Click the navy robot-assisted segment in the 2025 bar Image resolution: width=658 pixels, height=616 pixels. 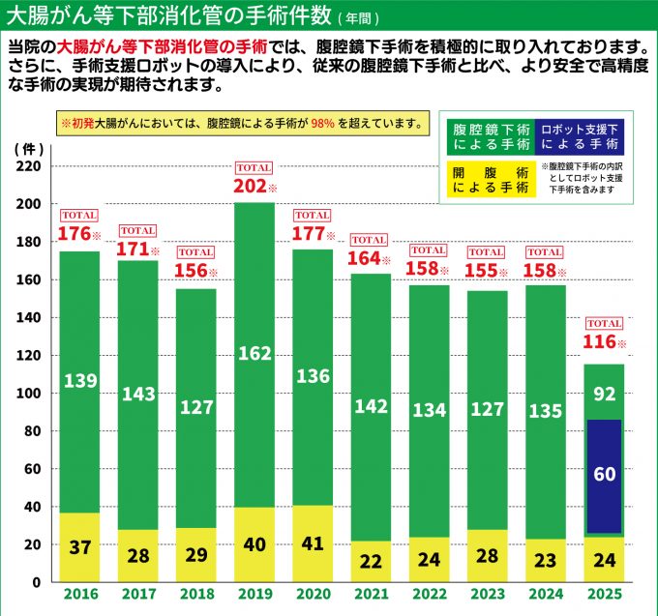click(605, 474)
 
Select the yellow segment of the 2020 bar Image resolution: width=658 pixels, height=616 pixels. click(312, 543)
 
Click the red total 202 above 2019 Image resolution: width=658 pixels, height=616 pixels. click(250, 186)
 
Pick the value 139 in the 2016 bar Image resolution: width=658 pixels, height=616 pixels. click(80, 381)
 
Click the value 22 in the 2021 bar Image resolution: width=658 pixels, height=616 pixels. click(371, 562)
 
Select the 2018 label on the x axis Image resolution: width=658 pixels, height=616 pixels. click(196, 595)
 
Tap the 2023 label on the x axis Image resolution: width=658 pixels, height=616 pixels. click(487, 595)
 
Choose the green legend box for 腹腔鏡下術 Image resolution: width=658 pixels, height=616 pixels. click(492, 136)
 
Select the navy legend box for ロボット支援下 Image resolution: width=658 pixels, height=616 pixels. click(579, 136)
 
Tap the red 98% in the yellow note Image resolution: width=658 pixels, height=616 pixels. click(323, 123)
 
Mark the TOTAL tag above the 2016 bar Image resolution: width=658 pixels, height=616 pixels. click(79, 215)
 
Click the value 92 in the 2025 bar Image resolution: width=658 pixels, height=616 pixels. click(605, 393)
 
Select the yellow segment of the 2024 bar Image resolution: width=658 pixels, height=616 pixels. click(545, 560)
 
